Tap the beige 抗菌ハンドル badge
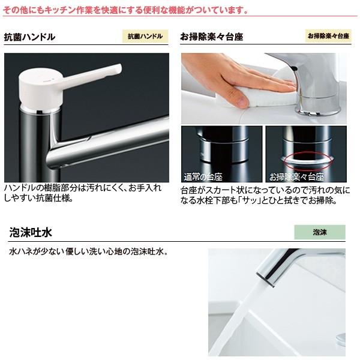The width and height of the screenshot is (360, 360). tap(145, 36)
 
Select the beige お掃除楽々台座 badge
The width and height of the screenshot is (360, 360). tap(329, 36)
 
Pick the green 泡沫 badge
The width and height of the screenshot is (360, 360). tap(320, 232)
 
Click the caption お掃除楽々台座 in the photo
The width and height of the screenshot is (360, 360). tap(296, 178)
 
